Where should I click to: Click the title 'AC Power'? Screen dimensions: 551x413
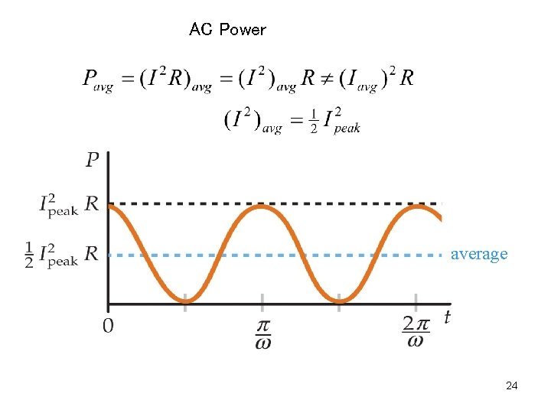pos(227,30)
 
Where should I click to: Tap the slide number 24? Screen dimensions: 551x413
pos(512,386)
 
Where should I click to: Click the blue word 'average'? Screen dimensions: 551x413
pos(478,254)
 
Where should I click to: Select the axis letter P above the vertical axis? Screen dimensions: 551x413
pos(93,160)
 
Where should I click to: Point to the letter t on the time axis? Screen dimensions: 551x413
pos(447,317)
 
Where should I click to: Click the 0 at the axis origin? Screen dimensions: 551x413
pos(109,327)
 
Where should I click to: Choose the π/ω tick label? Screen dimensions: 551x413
pos(262,333)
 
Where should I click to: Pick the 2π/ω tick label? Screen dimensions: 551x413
pos(416,333)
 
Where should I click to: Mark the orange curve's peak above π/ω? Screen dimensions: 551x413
pos(262,206)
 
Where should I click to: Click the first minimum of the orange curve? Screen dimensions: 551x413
pos(186,300)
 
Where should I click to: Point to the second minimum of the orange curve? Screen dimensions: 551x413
pos(340,300)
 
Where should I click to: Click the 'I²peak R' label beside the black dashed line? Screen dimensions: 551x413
pos(69,205)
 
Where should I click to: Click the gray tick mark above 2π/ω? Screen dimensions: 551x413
pos(416,301)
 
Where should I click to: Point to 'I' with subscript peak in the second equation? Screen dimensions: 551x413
pos(341,122)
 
